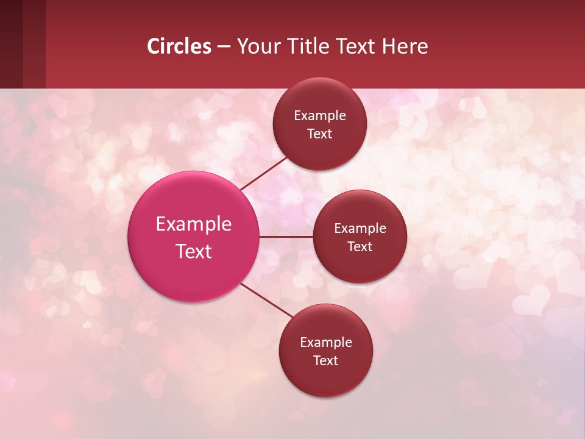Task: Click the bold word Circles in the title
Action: pyautogui.click(x=179, y=46)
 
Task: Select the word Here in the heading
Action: pyautogui.click(x=405, y=46)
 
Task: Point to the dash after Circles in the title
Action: pyautogui.click(x=224, y=47)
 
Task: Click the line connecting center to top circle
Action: pyautogui.click(x=263, y=173)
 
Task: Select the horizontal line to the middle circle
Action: pyautogui.click(x=286, y=237)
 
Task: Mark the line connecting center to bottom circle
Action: pyautogui.click(x=266, y=300)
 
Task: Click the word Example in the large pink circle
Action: pyautogui.click(x=194, y=224)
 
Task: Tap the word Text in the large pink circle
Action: pyautogui.click(x=194, y=251)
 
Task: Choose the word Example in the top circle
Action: pyautogui.click(x=320, y=116)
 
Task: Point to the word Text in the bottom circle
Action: pyautogui.click(x=325, y=361)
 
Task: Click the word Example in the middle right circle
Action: pyautogui.click(x=360, y=229)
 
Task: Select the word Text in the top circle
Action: pyautogui.click(x=320, y=134)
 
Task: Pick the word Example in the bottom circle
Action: pyautogui.click(x=326, y=343)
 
